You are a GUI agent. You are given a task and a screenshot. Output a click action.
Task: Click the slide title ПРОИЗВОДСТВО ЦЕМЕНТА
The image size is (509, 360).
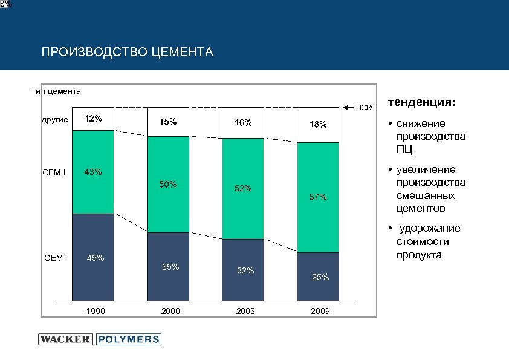127,52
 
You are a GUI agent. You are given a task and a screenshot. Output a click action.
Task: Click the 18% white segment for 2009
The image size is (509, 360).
317,125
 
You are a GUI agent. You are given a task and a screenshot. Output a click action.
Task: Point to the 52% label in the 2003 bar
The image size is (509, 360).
243,189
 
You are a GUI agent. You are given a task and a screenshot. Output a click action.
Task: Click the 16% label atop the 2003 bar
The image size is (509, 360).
243,123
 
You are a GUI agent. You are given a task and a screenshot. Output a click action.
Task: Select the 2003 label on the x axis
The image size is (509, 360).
245,312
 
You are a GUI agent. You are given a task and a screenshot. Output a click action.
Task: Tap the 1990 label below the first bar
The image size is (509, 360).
96,312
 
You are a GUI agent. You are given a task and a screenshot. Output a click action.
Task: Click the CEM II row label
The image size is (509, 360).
55,174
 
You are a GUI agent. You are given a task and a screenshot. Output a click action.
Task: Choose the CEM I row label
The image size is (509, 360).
56,258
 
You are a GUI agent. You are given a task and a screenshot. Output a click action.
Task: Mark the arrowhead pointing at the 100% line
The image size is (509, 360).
346,108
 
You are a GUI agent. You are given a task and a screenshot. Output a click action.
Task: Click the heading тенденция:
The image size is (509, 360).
422,103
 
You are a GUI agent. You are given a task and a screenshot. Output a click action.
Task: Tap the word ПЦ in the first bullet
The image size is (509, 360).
405,149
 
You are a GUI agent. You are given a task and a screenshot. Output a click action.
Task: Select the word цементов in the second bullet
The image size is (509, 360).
421,209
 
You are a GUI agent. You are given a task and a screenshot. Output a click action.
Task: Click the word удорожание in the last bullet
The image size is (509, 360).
431,228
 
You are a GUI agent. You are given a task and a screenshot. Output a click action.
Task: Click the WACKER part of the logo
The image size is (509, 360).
65,339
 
